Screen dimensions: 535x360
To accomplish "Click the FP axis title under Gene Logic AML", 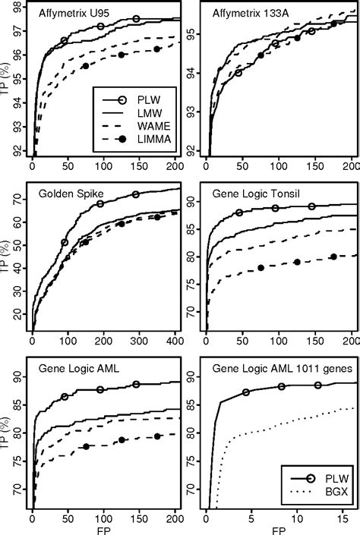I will point(93,528).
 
